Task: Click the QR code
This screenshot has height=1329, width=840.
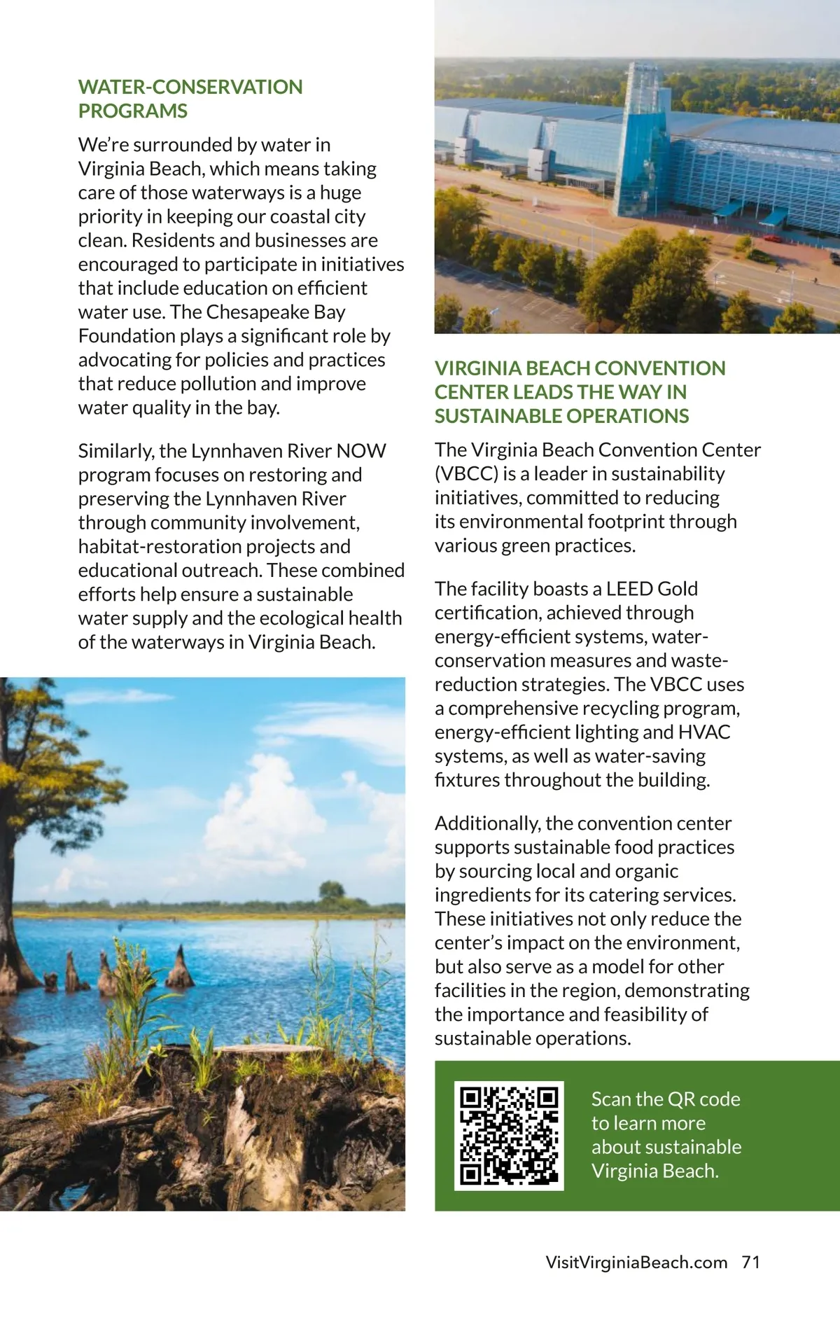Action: click(x=509, y=1135)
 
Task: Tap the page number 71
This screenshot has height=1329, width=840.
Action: click(x=751, y=1262)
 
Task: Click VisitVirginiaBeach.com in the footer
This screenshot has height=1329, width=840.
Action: click(x=636, y=1262)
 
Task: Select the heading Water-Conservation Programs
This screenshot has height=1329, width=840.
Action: click(x=190, y=99)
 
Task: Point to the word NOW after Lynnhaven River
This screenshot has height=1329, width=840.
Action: click(x=361, y=450)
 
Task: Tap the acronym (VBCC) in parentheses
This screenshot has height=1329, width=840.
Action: click(x=466, y=473)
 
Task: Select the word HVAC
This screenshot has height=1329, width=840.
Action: click(x=704, y=732)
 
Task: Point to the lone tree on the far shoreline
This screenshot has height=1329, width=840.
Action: click(x=332, y=892)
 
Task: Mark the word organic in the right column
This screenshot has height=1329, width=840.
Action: click(x=646, y=871)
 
